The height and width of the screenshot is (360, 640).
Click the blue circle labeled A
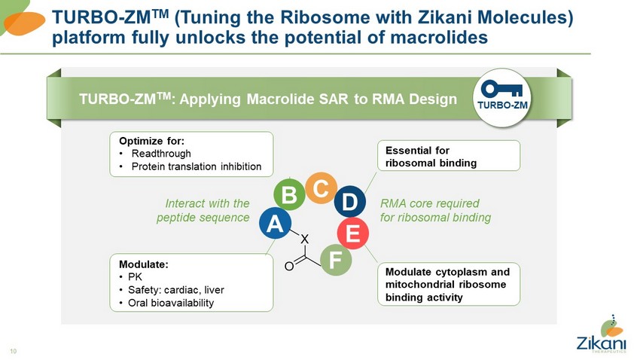click(274, 224)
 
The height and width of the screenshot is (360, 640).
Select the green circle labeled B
click(288, 195)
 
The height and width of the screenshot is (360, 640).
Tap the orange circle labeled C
click(320, 188)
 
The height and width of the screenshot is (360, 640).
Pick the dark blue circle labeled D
click(349, 201)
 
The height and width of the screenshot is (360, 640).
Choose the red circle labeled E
click(352, 233)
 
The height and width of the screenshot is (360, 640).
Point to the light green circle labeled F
click(336, 260)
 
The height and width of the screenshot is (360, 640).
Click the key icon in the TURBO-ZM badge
click(501, 88)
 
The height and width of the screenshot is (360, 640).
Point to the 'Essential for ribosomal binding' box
click(448, 156)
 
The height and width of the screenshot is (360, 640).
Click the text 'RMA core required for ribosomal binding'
click(435, 211)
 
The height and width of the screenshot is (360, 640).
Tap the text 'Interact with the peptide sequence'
click(203, 211)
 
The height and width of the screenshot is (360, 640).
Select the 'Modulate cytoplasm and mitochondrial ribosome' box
click(448, 284)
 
